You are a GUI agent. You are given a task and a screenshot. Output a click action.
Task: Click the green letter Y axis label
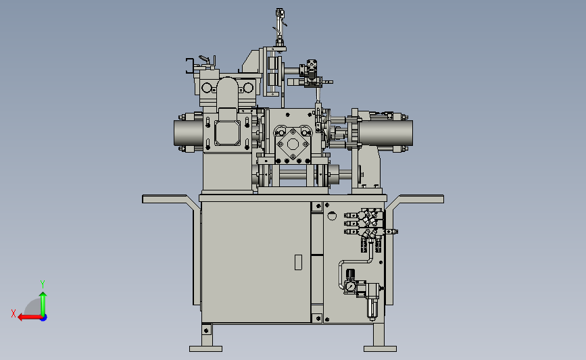43,284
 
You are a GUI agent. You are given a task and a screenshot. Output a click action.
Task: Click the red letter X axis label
14,313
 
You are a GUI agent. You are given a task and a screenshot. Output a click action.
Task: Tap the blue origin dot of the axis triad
43,318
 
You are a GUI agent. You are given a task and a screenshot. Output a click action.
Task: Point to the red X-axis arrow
30,317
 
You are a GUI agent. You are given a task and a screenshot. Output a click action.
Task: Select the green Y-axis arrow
43,304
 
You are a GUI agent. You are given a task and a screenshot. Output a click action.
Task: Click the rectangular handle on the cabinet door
298,262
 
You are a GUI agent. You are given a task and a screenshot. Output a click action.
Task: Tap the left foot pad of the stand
205,349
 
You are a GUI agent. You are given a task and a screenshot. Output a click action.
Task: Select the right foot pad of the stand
380,349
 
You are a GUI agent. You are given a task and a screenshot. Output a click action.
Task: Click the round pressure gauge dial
351,286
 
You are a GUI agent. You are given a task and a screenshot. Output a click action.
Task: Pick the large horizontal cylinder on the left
189,132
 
